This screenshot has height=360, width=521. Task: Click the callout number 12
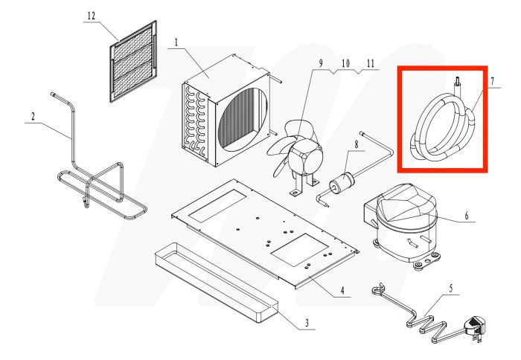[91, 16]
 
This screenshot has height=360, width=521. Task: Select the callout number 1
[176, 42]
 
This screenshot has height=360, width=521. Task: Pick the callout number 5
[466, 216]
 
